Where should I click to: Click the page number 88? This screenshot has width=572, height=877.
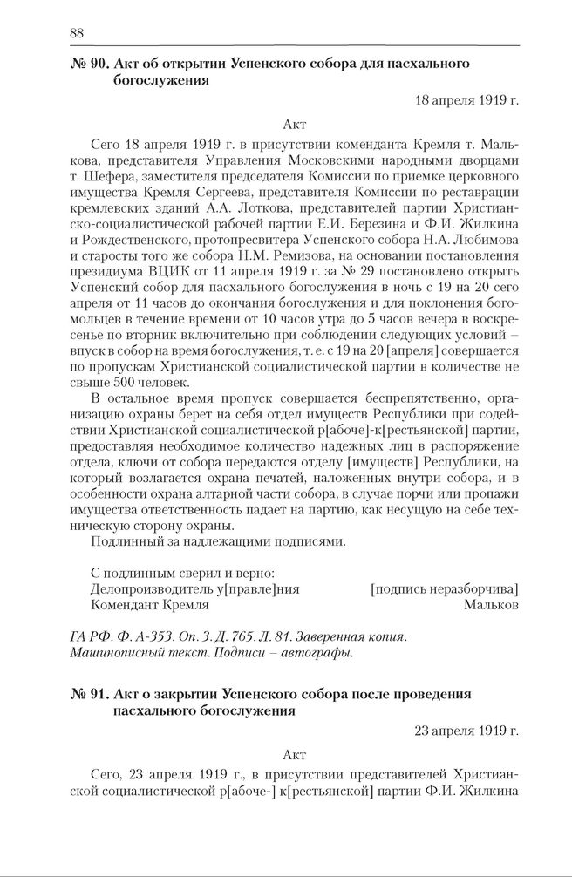(x=76, y=33)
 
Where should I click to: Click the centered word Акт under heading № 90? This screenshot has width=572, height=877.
(x=295, y=125)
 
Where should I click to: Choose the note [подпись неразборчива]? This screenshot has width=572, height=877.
(x=445, y=588)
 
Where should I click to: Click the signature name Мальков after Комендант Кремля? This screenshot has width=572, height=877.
(x=491, y=604)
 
